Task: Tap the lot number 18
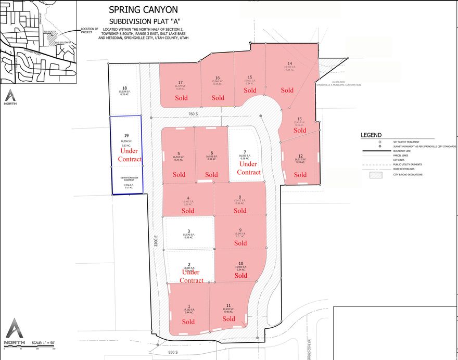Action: click(124, 88)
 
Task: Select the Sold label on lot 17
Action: click(181, 98)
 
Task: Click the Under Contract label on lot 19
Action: click(130, 155)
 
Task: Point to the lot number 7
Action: click(244, 151)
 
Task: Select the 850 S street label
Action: click(173, 352)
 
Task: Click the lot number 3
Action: click(189, 232)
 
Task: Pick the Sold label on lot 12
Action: click(300, 175)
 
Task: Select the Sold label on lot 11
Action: click(228, 319)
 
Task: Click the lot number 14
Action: click(289, 63)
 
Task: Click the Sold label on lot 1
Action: click(188, 322)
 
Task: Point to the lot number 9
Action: click(240, 230)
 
